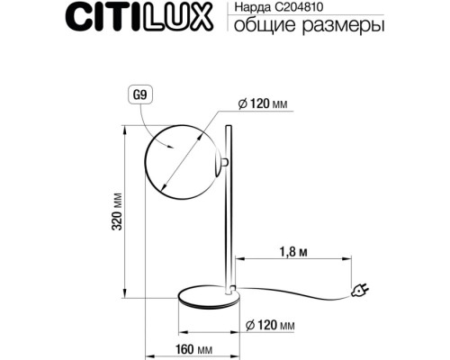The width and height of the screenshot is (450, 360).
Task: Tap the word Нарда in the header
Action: click(x=251, y=8)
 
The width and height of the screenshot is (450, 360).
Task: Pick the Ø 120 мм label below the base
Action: click(x=270, y=325)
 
